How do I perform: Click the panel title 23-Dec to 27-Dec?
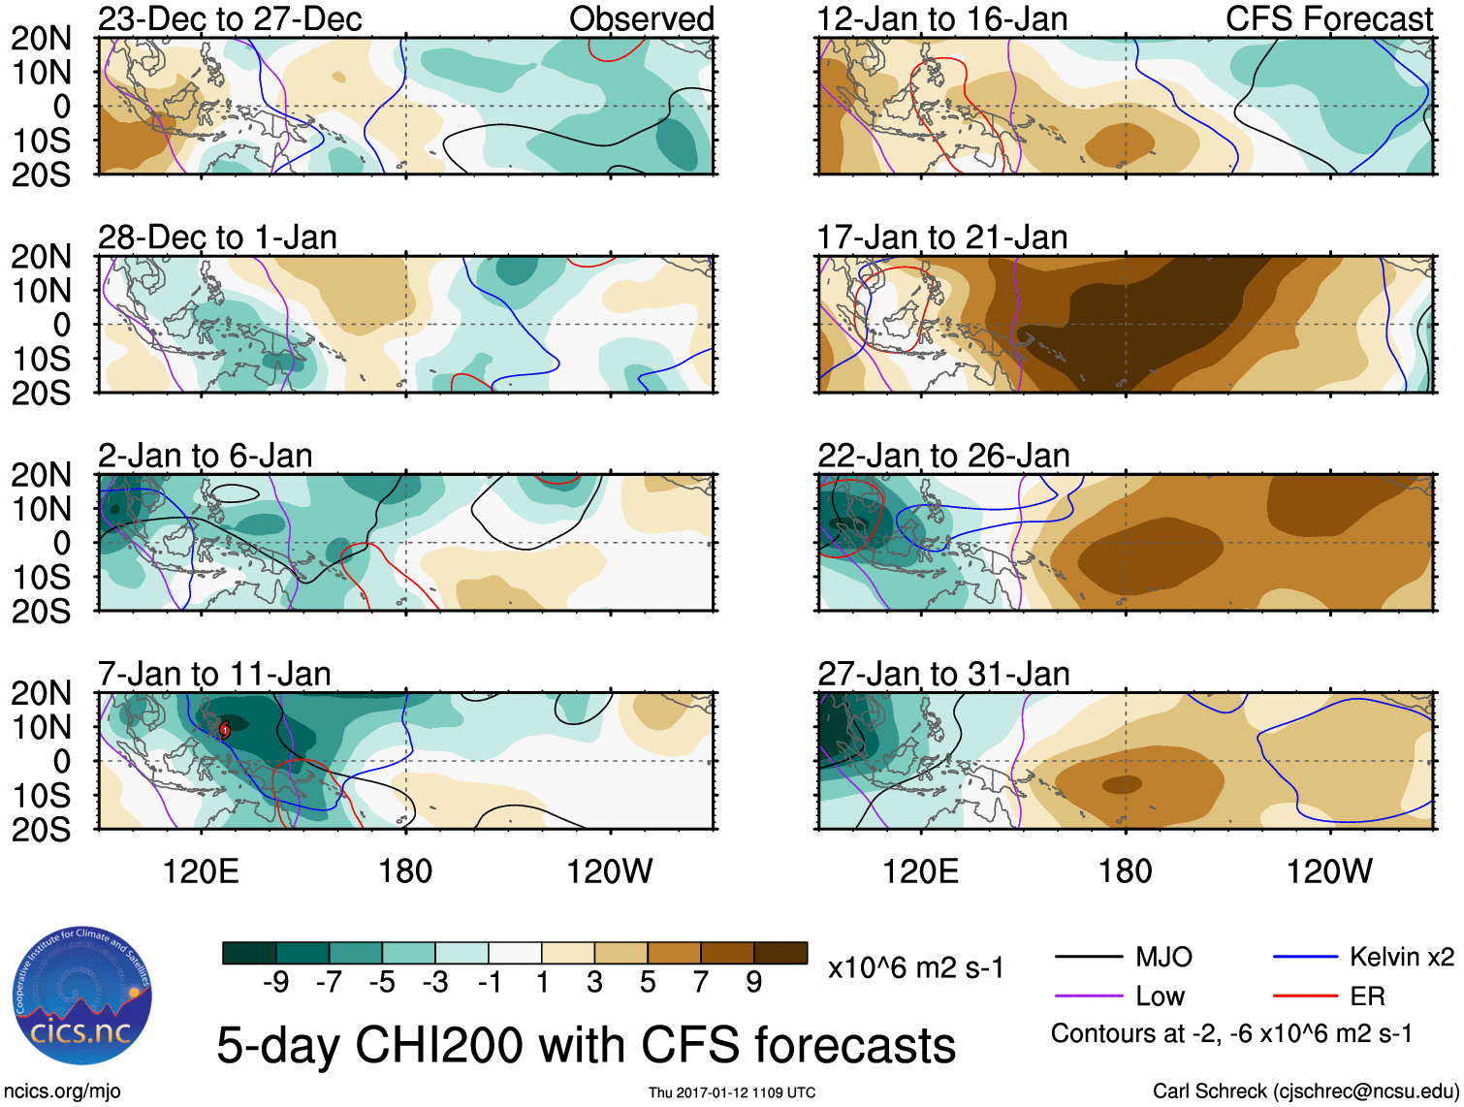click(230, 19)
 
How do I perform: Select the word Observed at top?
click(641, 19)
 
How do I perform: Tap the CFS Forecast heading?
click(1328, 19)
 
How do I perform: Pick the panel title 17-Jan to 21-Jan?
click(941, 237)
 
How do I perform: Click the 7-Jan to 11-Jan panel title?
click(214, 674)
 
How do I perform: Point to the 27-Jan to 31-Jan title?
click(943, 674)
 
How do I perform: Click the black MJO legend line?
click(1088, 958)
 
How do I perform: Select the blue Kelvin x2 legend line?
click(1305, 958)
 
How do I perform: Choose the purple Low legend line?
click(1088, 996)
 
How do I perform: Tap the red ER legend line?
click(1305, 996)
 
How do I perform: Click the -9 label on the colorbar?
click(276, 983)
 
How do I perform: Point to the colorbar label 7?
click(701, 983)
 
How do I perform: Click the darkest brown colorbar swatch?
click(780, 953)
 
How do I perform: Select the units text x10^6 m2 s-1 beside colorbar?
click(915, 968)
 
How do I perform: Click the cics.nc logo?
click(81, 998)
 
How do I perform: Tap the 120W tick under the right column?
click(1328, 871)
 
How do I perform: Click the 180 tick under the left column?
click(404, 871)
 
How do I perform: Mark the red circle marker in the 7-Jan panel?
click(225, 729)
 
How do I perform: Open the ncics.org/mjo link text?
click(62, 1091)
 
